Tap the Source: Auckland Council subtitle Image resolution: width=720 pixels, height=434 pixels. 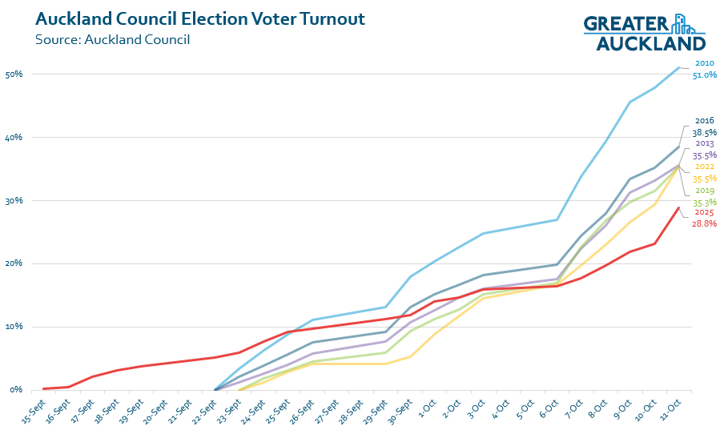[x=112, y=39]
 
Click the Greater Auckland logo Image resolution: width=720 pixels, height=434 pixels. [x=644, y=32]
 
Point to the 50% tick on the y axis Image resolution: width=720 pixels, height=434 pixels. [x=14, y=74]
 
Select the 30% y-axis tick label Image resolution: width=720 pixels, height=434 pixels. [x=14, y=200]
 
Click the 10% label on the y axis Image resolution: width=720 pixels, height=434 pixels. [x=14, y=327]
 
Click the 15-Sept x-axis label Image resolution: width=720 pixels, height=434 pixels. [x=34, y=408]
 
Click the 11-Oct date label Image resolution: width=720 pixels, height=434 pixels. [x=671, y=406]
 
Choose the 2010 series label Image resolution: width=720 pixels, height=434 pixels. [x=704, y=63]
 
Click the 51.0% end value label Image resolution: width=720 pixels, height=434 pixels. [x=704, y=74]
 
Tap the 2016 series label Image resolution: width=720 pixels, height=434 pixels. [x=704, y=121]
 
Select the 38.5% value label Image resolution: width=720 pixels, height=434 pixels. [x=704, y=132]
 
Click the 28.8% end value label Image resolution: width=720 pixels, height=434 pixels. [x=704, y=224]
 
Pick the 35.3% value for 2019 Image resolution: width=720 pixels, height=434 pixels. [x=704, y=202]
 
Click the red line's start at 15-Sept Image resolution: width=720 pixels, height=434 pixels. [x=43, y=388]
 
